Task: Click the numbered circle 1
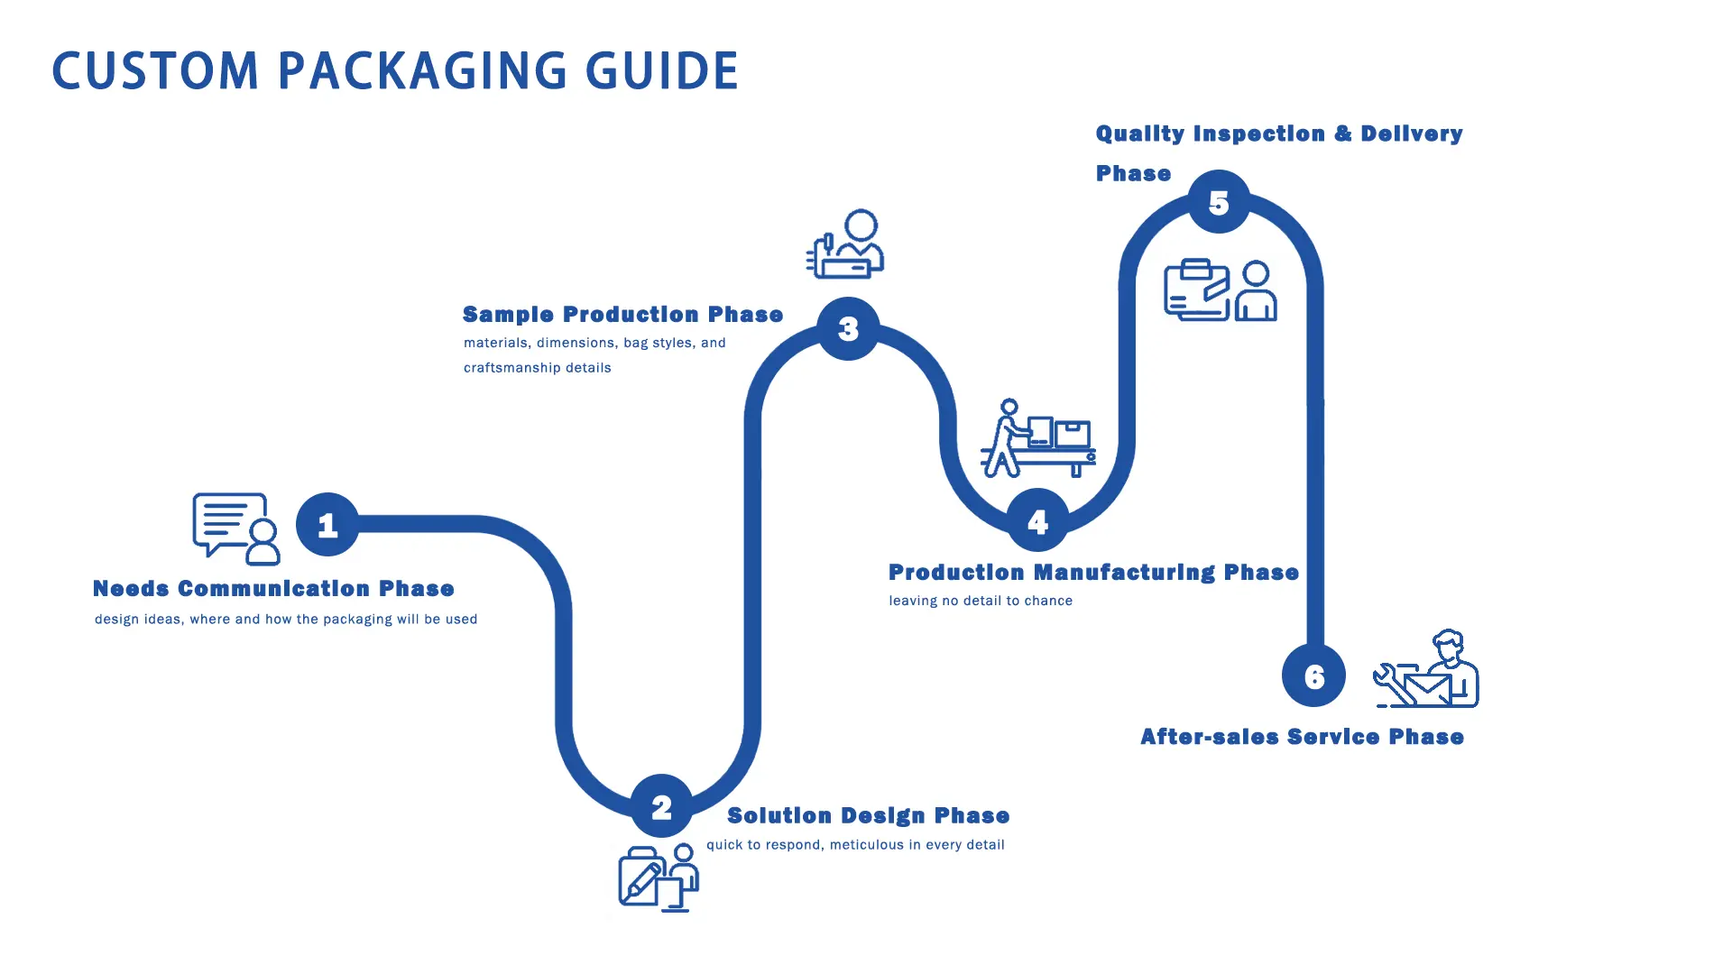(x=327, y=524)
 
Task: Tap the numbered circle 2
(x=661, y=806)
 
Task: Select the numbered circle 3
(x=848, y=328)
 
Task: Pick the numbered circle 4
(x=1037, y=520)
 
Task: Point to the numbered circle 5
(x=1219, y=202)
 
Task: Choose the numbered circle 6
(x=1313, y=675)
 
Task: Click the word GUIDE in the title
(x=662, y=71)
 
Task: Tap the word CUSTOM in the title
(x=156, y=71)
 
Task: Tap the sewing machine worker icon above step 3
(x=846, y=244)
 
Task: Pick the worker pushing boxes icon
(x=1037, y=438)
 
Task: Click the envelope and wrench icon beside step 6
(x=1426, y=670)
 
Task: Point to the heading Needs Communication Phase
(x=273, y=589)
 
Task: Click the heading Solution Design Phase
(x=868, y=816)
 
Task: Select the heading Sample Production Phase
(x=622, y=315)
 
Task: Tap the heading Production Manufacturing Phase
(x=1093, y=573)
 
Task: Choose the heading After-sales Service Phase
(x=1302, y=737)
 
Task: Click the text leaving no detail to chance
(x=981, y=601)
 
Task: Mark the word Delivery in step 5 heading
(x=1412, y=133)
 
